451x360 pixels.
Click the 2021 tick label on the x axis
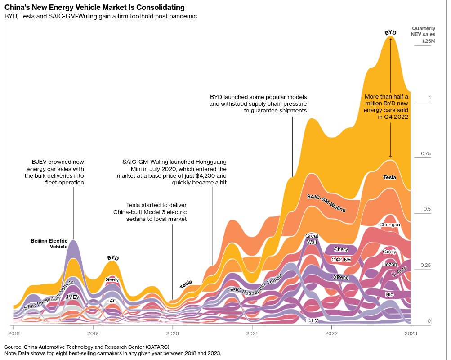click(x=252, y=333)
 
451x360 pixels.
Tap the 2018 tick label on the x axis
click(x=14, y=333)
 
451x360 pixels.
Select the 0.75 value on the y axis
click(x=425, y=154)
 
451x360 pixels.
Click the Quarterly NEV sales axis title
click(x=423, y=31)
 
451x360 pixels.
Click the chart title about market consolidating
click(x=94, y=8)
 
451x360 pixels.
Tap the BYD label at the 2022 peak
click(x=390, y=33)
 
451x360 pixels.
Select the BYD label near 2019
click(x=113, y=258)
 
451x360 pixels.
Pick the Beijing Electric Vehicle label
click(x=49, y=243)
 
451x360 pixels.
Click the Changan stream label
click(x=389, y=225)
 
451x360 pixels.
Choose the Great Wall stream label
click(x=312, y=239)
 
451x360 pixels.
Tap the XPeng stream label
click(x=341, y=278)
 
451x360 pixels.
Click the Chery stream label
click(x=341, y=249)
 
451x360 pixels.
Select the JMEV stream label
click(x=72, y=297)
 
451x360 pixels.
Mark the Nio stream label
click(x=389, y=294)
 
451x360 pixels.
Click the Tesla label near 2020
click(x=186, y=284)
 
